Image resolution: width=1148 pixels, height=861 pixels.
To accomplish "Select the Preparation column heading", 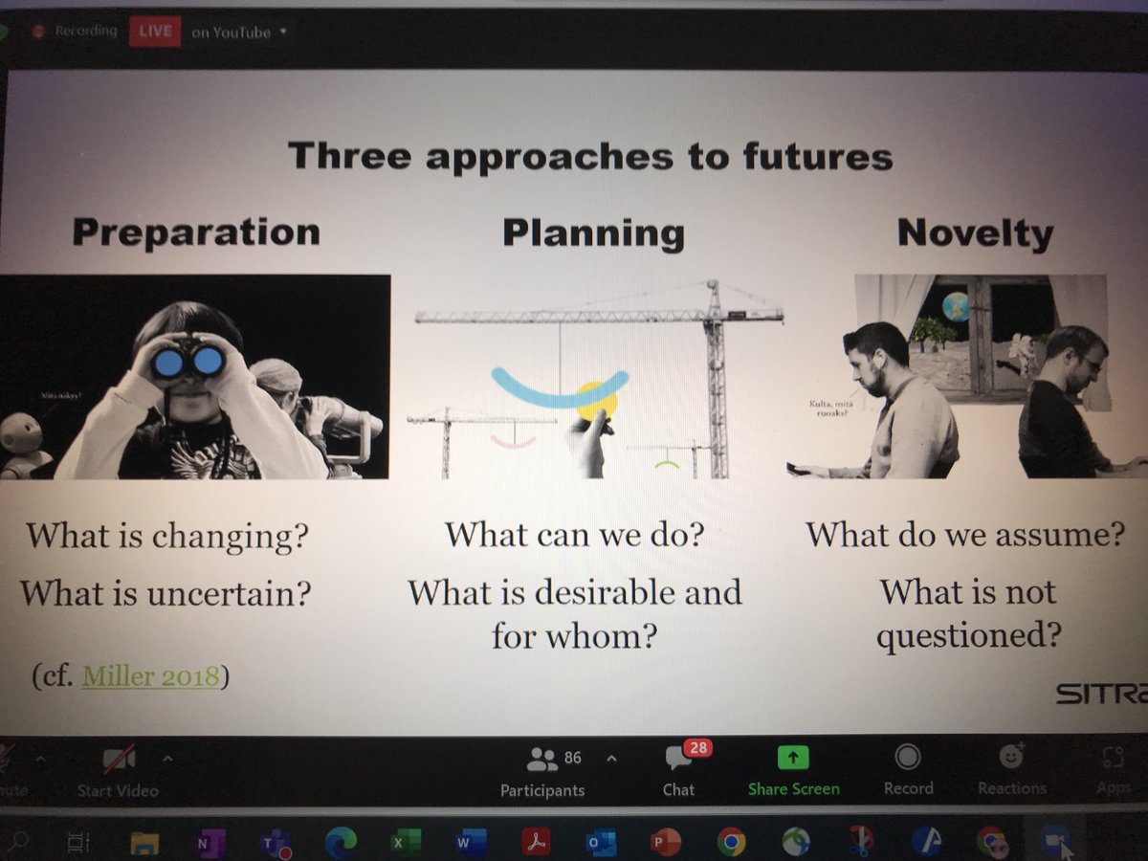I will click(x=196, y=232).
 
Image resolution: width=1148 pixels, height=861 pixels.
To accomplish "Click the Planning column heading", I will click(x=593, y=232).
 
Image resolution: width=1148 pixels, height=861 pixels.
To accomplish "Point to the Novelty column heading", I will click(x=975, y=233).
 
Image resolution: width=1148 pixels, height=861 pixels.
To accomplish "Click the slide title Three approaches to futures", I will click(x=590, y=155).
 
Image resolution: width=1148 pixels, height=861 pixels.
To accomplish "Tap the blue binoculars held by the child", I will click(x=188, y=362).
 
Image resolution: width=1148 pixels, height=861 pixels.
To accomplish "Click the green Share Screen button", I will click(x=793, y=771).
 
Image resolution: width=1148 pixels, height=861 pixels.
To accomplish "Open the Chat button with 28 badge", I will click(x=679, y=771).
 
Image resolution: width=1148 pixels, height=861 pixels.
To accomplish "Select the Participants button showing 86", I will click(x=543, y=771).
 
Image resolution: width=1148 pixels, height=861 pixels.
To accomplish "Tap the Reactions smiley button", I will click(x=1011, y=771).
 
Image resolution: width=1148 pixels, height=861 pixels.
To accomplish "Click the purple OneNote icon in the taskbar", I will click(x=205, y=842).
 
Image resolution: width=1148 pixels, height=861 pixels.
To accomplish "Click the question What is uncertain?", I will click(x=166, y=593).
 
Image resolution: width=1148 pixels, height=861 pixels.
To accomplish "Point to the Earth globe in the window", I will click(x=955, y=306).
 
